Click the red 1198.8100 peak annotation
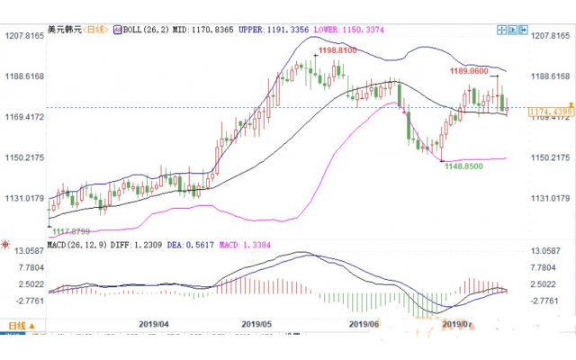click(x=335, y=51)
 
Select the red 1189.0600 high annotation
click(x=467, y=70)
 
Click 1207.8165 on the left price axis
click(x=24, y=36)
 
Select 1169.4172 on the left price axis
click(x=24, y=117)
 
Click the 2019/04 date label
click(x=156, y=324)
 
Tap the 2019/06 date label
click(x=364, y=324)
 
